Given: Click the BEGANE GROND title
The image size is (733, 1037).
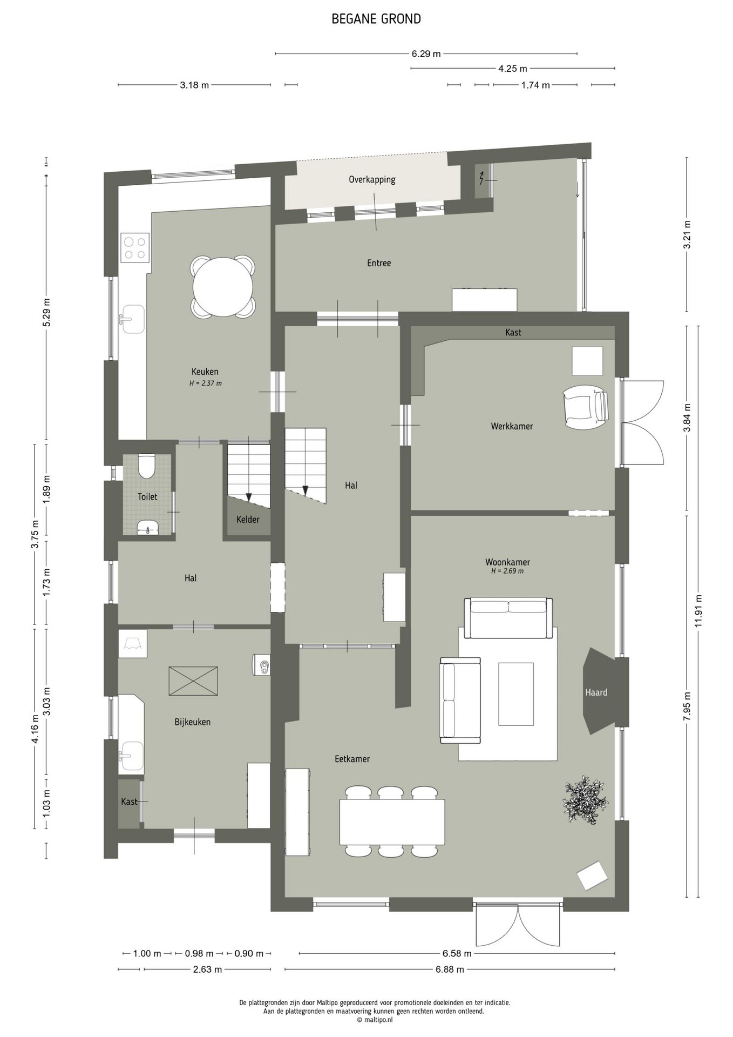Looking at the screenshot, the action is pyautogui.click(x=376, y=19).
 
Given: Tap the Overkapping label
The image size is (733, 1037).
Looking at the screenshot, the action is pyautogui.click(x=372, y=180).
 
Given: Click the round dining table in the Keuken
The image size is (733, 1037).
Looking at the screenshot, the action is pyautogui.click(x=223, y=287).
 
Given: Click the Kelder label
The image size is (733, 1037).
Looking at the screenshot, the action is pyautogui.click(x=248, y=520).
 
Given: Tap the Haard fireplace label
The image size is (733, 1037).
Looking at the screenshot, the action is pyautogui.click(x=596, y=692).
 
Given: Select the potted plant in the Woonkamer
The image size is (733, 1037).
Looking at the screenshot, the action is pyautogui.click(x=587, y=800).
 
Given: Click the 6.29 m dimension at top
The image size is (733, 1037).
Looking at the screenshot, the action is pyautogui.click(x=426, y=53).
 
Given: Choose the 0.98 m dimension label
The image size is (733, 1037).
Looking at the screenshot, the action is pyautogui.click(x=199, y=954).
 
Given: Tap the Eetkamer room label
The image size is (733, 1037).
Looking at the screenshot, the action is pyautogui.click(x=352, y=759).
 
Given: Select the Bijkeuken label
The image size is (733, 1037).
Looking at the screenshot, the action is pyautogui.click(x=192, y=722).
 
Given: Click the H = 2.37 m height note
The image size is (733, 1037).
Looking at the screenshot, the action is pyautogui.click(x=205, y=383).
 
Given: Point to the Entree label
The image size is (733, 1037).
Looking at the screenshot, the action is pyautogui.click(x=379, y=263).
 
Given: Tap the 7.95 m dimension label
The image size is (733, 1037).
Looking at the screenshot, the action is pyautogui.click(x=687, y=706).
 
